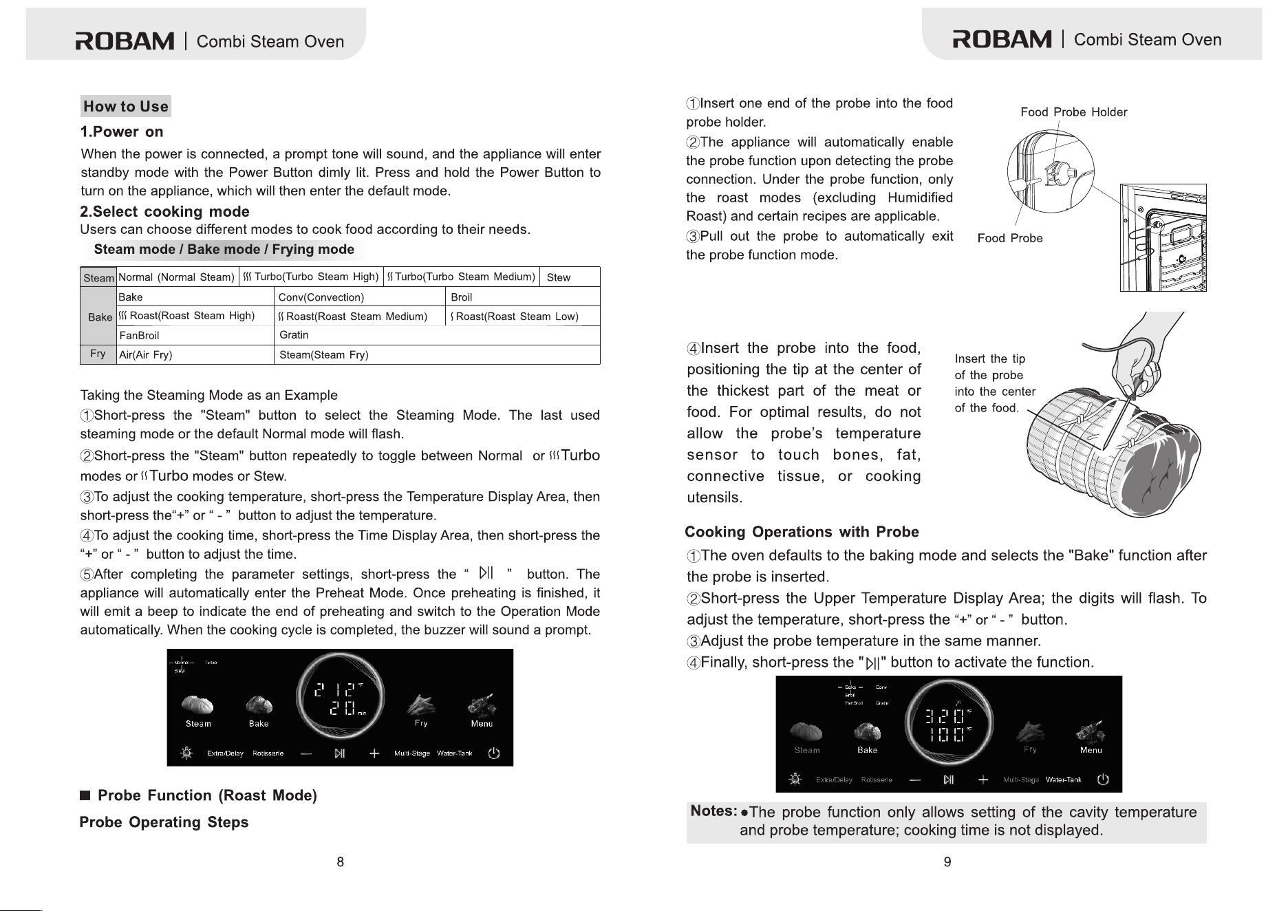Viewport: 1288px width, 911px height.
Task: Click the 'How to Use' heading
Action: [x=126, y=107]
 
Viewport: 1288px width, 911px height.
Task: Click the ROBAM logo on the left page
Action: [x=125, y=41]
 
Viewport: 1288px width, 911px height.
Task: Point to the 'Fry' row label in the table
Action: [x=98, y=354]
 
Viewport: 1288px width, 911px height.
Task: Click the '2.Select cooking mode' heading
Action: [x=164, y=211]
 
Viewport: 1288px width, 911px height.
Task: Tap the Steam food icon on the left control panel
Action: [x=197, y=705]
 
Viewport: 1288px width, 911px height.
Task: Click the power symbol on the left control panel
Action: [x=493, y=753]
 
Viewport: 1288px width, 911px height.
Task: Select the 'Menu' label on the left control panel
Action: [x=482, y=724]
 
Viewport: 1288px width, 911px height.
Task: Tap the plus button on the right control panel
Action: [x=983, y=780]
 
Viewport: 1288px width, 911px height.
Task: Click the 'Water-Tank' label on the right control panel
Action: [x=1064, y=780]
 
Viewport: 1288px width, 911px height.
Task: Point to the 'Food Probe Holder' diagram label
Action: [x=1073, y=112]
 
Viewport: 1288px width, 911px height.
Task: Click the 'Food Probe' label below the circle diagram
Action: [x=1010, y=238]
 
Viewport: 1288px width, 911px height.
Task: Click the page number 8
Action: [x=340, y=862]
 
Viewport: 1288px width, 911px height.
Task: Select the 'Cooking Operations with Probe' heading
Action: [x=802, y=532]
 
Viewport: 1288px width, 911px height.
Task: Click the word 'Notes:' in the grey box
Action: [x=714, y=811]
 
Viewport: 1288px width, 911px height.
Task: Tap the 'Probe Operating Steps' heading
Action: [x=164, y=822]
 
